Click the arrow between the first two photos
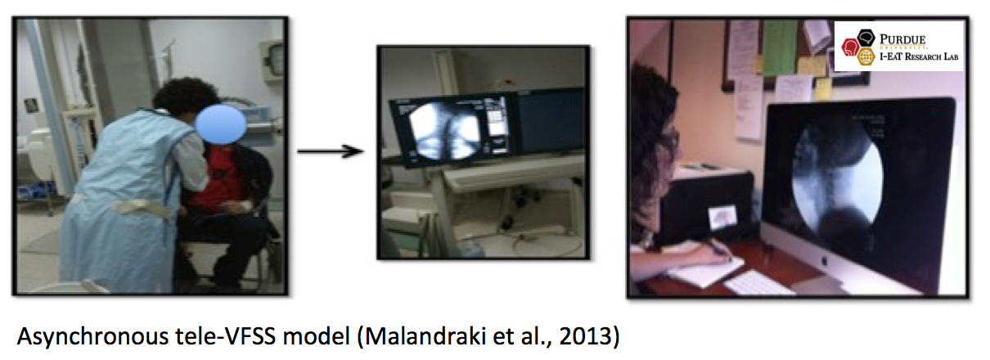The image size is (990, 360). pyautogui.click(x=331, y=151)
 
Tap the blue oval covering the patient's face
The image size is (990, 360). pyautogui.click(x=221, y=124)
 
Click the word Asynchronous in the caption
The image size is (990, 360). pyautogui.click(x=92, y=336)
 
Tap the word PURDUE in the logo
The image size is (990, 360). pyautogui.click(x=902, y=39)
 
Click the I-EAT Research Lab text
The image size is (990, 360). pyautogui.click(x=918, y=56)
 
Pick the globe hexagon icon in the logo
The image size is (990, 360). pyautogui.click(x=866, y=56)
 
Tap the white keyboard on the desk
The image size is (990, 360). pyautogui.click(x=758, y=283)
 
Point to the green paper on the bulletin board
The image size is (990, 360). pyautogui.click(x=780, y=47)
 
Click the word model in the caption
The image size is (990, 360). pyautogui.click(x=317, y=336)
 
